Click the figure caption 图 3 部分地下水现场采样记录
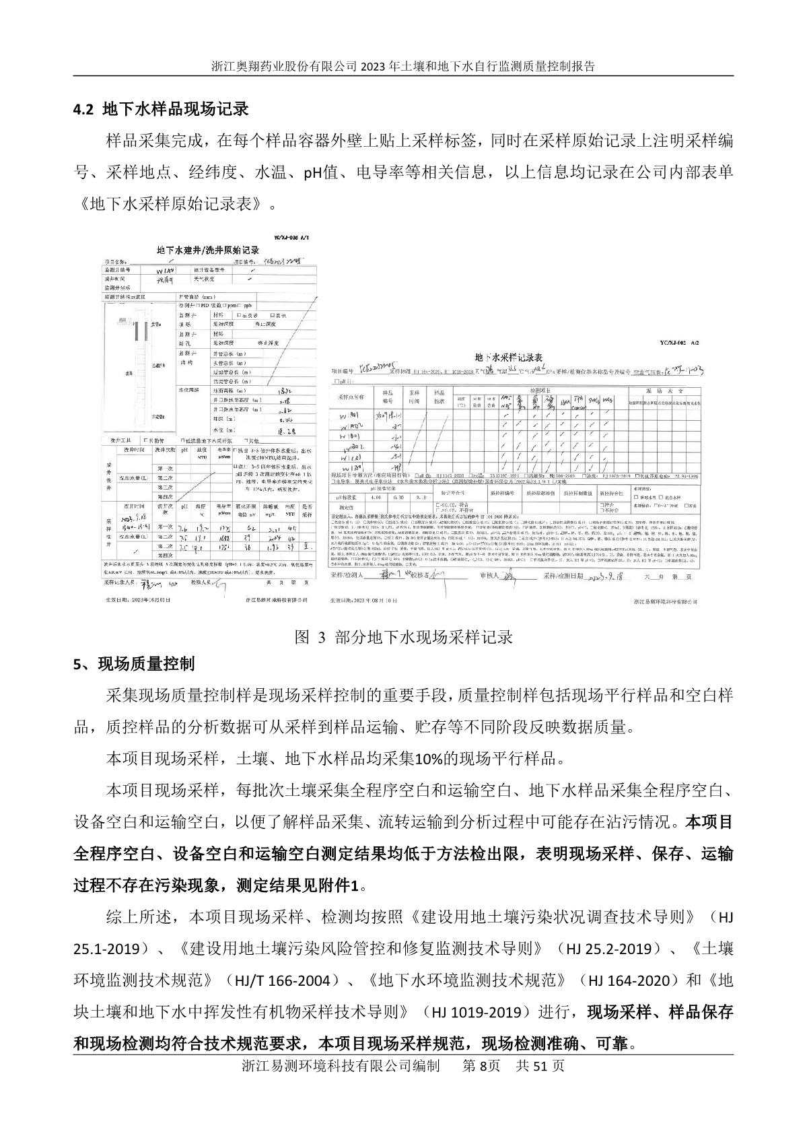404,637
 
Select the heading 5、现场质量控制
134,664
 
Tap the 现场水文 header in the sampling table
664,390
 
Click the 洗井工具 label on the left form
117,440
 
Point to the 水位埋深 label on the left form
188,390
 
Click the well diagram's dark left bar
134,331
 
